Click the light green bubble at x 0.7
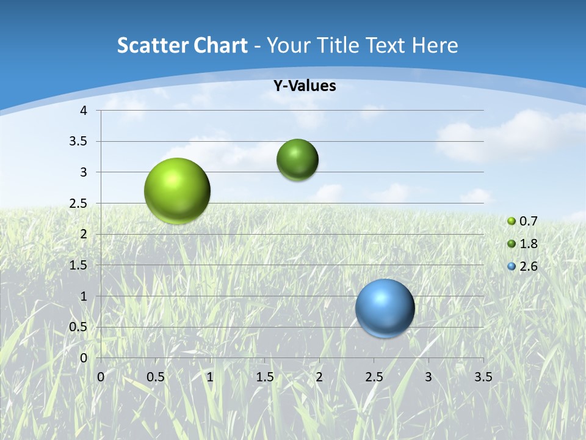tap(178, 191)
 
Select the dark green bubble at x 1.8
tap(297, 160)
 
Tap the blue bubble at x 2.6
tap(385, 308)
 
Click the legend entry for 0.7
tap(523, 221)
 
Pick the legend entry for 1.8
tap(523, 244)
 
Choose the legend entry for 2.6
tap(523, 266)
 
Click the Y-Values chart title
tap(305, 86)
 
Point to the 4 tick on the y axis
tap(84, 111)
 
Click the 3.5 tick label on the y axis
tap(79, 142)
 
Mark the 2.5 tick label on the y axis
tap(79, 204)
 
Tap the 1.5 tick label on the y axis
tap(79, 265)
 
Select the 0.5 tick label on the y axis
tap(79, 327)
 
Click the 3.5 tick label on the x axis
tap(483, 377)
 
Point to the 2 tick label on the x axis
tap(319, 377)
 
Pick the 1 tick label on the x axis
tap(210, 377)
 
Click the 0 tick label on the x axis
tap(101, 377)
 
